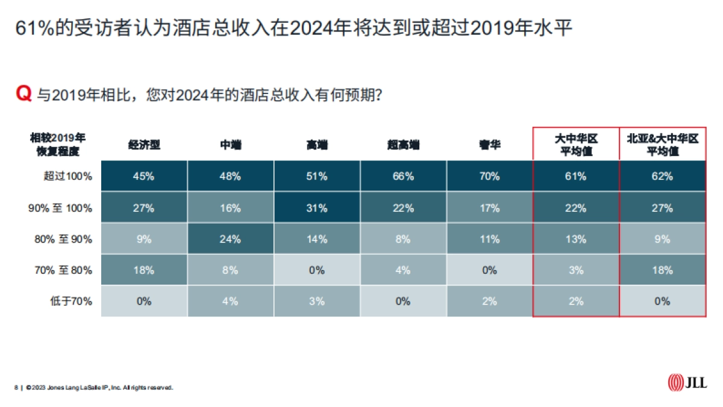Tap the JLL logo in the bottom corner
687,382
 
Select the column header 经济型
145,145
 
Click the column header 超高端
403,145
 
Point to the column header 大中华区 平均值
576,145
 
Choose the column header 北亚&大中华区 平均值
662,145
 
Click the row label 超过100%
67,177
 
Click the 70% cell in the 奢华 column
490,177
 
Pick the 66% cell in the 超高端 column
404,177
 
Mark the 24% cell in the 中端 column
231,239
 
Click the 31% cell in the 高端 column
317,208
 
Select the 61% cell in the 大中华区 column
576,177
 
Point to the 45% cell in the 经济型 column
145,177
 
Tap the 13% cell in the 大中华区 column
576,239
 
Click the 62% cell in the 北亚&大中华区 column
662,177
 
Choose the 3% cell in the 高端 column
317,301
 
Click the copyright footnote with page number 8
93,388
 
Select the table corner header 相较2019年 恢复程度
58,145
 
